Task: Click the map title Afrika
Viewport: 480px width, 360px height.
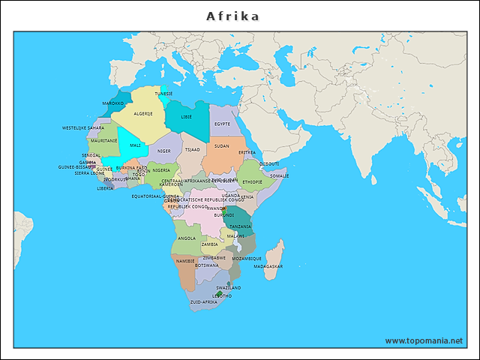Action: (233, 16)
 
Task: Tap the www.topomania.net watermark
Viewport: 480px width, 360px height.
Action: (424, 340)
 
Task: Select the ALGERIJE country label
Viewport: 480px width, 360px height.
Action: (143, 114)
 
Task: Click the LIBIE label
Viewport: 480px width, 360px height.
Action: (186, 117)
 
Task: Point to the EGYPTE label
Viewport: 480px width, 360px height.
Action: (222, 124)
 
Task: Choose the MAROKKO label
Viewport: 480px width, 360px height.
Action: (113, 103)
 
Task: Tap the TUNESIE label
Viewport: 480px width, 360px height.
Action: (163, 94)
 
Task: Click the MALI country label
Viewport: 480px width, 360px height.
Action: (135, 145)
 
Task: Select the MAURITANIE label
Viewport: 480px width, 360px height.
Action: (103, 140)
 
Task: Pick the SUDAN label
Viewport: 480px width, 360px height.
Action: (221, 146)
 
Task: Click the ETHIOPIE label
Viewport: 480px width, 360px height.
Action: (252, 181)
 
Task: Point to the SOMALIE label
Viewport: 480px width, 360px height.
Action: (279, 175)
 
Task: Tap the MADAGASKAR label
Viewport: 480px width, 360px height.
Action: (268, 266)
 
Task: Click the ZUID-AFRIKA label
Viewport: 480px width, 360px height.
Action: (203, 301)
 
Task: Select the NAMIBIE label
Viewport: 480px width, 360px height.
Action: (184, 261)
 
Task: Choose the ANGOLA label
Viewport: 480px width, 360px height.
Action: (187, 238)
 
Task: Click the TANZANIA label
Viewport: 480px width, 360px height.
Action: (240, 226)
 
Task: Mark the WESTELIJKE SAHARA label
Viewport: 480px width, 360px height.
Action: (83, 127)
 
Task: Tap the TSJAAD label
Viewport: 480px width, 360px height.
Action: (193, 149)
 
